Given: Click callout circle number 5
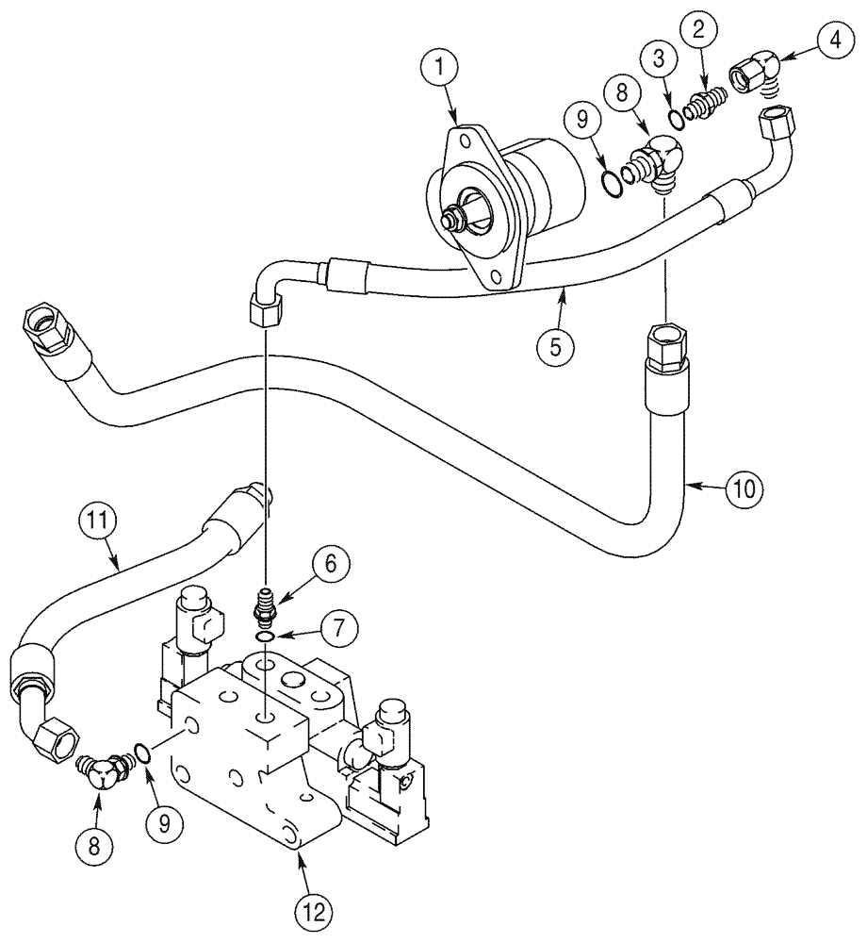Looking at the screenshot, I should point(556,346).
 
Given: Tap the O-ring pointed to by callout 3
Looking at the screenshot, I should point(674,119).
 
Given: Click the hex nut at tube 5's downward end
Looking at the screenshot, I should point(265,308).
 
